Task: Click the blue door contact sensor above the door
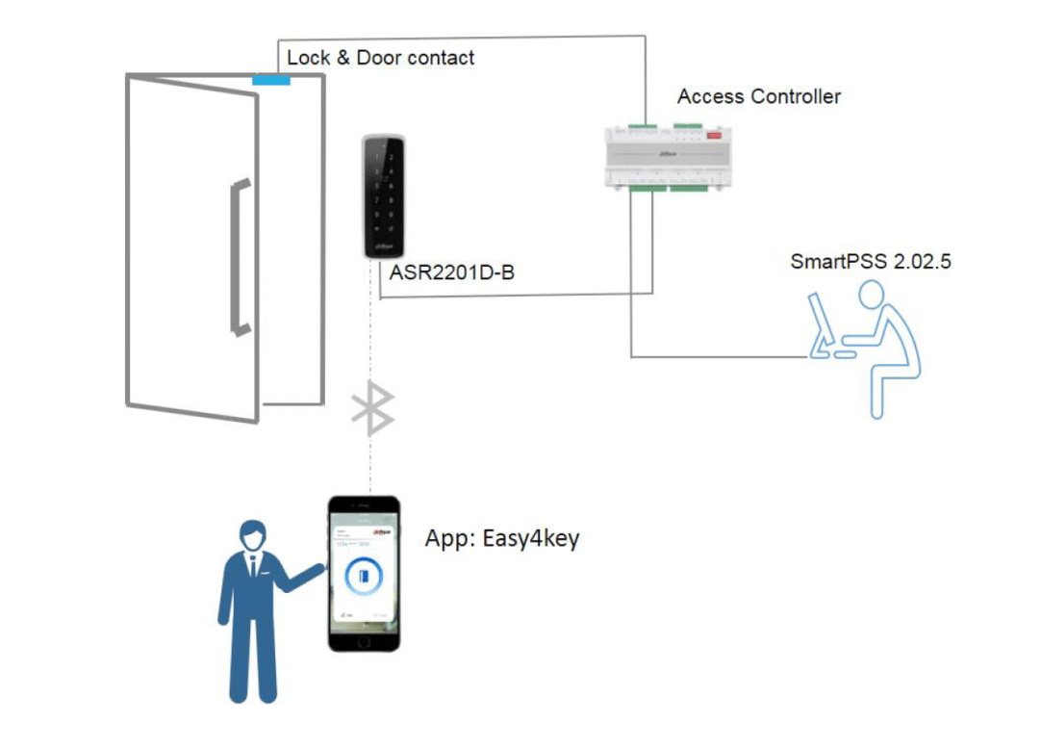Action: [271, 79]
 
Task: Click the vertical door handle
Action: [239, 257]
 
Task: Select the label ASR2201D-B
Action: [451, 273]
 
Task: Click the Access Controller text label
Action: [758, 96]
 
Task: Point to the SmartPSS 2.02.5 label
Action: [871, 261]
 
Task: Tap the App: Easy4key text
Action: [502, 538]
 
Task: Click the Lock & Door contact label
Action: [380, 58]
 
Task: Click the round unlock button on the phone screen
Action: [363, 578]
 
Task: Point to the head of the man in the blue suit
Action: [253, 535]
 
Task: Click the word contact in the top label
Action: [442, 58]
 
